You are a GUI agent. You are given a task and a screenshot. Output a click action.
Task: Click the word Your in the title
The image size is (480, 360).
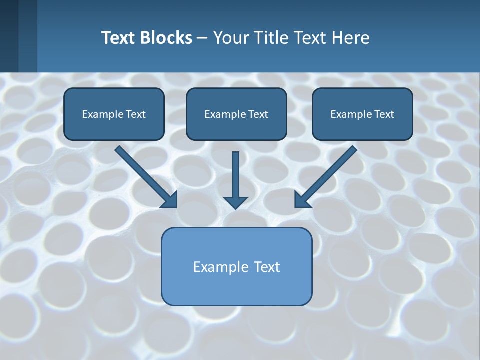pyautogui.click(x=230, y=38)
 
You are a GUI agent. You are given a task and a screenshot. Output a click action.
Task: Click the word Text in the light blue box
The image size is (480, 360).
pyautogui.click(x=267, y=267)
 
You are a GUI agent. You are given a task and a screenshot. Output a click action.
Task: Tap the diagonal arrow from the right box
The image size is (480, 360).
pyautogui.click(x=330, y=172)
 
